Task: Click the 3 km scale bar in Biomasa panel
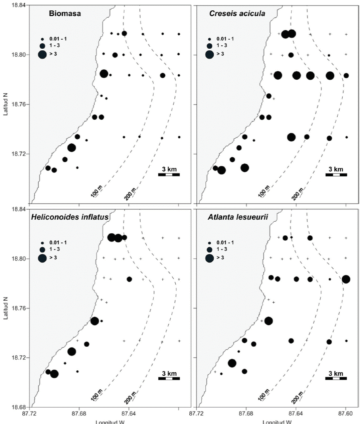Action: [169, 175]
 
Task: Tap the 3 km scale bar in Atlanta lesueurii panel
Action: [336, 378]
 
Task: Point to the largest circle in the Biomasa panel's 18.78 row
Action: [104, 74]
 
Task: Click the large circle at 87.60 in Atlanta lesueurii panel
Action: [346, 279]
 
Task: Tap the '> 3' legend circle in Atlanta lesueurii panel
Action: [210, 258]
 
